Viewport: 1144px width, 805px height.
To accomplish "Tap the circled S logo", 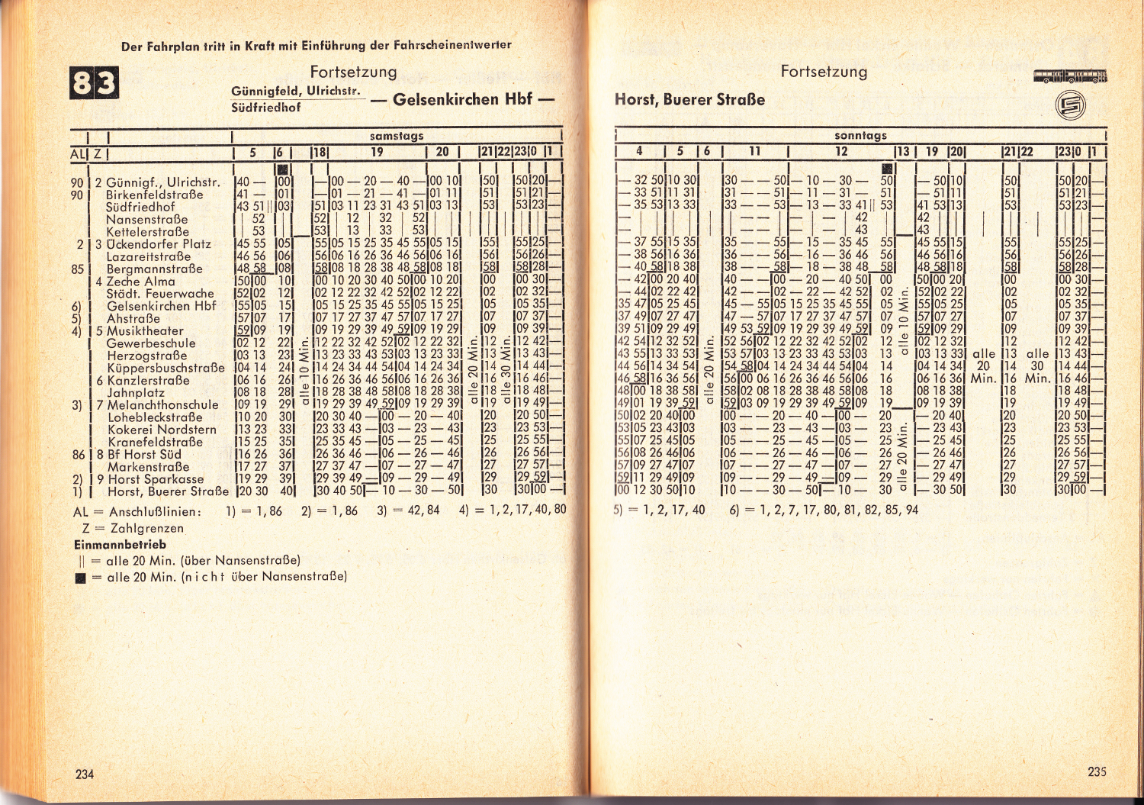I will click(x=1070, y=106).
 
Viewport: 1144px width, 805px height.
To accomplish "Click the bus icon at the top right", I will click(x=1070, y=76).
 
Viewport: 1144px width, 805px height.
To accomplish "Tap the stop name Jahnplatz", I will click(x=136, y=392).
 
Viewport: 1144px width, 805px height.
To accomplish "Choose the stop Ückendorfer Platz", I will click(x=159, y=244).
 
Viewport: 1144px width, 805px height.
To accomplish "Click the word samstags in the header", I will click(x=397, y=136).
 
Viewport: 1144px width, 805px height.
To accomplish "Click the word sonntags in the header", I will click(x=861, y=136).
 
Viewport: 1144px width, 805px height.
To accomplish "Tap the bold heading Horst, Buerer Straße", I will click(x=689, y=100).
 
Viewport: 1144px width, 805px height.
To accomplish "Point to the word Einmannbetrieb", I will click(x=120, y=545).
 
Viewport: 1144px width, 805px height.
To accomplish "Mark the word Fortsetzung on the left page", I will click(x=353, y=72).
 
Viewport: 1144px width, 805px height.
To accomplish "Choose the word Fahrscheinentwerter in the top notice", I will click(x=451, y=45).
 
